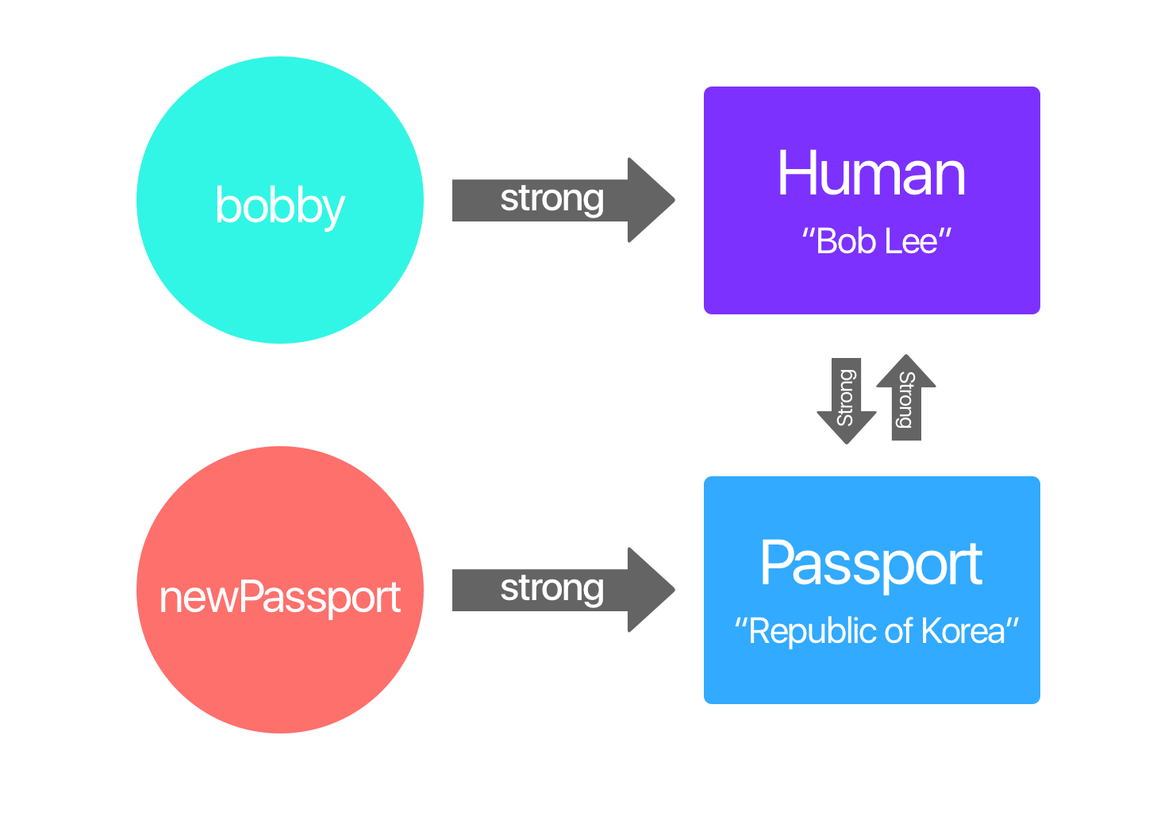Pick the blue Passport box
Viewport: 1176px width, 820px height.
point(871,675)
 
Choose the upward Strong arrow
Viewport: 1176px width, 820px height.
point(905,397)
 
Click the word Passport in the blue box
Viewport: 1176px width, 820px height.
point(871,564)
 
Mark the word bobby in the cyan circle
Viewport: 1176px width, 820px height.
point(279,206)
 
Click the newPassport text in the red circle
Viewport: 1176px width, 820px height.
point(279,597)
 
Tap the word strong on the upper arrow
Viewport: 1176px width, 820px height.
point(552,198)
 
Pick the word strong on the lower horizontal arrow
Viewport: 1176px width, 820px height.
point(552,588)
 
